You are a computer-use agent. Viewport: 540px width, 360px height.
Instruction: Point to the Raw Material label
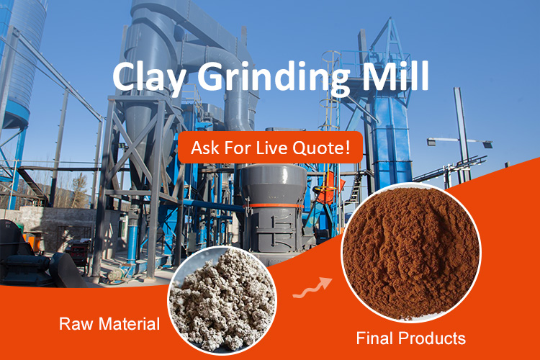coord(109,324)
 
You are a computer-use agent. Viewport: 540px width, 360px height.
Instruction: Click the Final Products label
coord(410,338)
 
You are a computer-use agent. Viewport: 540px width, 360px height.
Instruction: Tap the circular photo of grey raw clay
coord(222,300)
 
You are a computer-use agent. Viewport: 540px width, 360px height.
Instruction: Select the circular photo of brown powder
coord(411,253)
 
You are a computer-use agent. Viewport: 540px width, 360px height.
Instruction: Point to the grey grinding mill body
coord(274,207)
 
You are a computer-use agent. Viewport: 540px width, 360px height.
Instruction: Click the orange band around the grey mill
coord(274,206)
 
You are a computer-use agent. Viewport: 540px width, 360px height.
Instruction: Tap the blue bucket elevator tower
coord(391,131)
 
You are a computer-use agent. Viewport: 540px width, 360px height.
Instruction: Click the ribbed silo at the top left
coord(24,58)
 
